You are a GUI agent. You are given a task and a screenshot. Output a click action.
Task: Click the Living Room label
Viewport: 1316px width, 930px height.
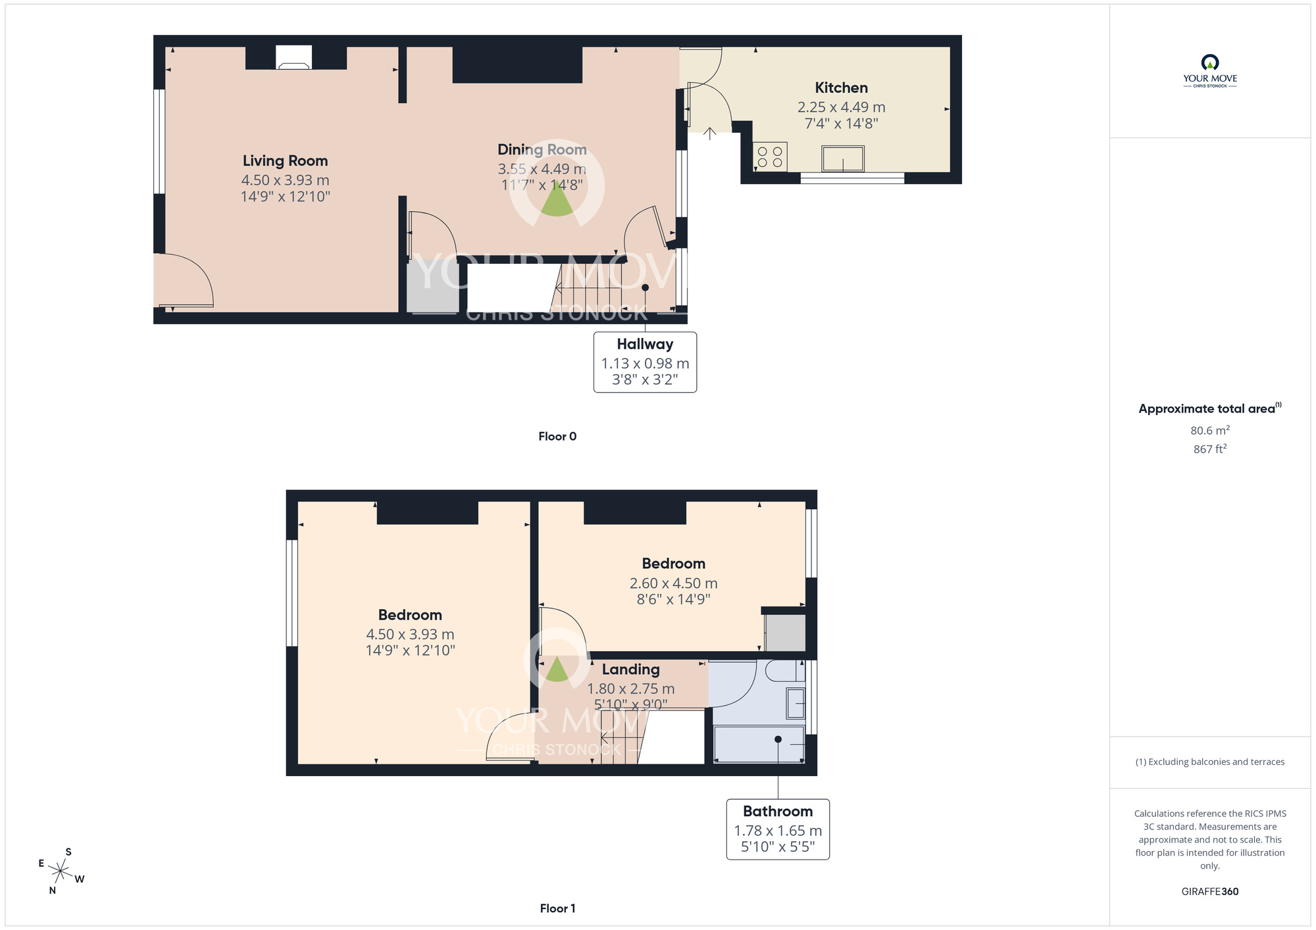click(285, 161)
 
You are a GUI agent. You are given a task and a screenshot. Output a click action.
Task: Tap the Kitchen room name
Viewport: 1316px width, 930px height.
click(841, 88)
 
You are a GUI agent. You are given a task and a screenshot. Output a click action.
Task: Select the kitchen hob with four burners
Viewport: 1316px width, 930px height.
click(769, 157)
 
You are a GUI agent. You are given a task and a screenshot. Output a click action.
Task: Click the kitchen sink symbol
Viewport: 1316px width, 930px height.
click(842, 159)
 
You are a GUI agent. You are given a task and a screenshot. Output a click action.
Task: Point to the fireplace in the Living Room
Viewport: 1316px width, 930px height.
click(293, 58)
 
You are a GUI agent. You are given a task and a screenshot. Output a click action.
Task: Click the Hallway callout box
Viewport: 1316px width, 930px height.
click(645, 362)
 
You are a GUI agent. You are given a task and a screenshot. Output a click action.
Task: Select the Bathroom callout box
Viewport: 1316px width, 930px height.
click(778, 829)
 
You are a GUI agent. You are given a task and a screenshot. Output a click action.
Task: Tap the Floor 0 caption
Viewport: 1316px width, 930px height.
click(557, 437)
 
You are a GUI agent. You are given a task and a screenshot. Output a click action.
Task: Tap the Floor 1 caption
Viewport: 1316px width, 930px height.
click(557, 908)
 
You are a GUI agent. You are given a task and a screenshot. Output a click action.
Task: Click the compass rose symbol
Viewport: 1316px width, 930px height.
click(61, 872)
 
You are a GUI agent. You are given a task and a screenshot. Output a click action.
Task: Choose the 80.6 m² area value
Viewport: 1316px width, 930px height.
click(1209, 431)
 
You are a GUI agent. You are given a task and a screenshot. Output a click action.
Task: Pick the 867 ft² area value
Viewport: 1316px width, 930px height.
click(1209, 449)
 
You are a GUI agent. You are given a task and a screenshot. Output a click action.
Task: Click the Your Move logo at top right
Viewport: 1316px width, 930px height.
click(1209, 71)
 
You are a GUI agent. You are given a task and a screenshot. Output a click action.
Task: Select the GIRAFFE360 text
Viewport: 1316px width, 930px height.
click(1209, 892)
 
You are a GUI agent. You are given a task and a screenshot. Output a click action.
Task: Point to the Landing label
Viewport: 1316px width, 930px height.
click(630, 670)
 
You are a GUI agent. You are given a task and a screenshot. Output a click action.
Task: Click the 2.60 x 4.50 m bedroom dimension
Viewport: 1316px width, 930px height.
click(673, 583)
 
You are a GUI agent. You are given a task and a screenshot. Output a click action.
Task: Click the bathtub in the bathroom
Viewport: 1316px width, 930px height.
click(759, 744)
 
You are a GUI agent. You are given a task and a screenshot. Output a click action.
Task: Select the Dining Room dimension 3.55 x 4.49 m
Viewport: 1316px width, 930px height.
click(542, 169)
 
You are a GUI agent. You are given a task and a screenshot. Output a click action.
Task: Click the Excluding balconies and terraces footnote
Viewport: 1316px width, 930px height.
click(1209, 762)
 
